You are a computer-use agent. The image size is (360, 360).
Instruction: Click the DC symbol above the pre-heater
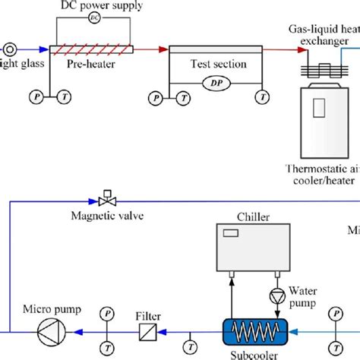coord(93,16)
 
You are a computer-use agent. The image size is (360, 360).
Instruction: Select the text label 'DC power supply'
coord(93,5)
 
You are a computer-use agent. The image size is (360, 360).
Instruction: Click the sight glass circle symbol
coord(10,49)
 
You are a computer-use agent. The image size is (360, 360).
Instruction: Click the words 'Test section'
coord(218,65)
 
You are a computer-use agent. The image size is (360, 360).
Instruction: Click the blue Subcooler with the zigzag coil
coord(252,331)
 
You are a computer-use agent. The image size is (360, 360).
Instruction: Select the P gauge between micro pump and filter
coord(108,313)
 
